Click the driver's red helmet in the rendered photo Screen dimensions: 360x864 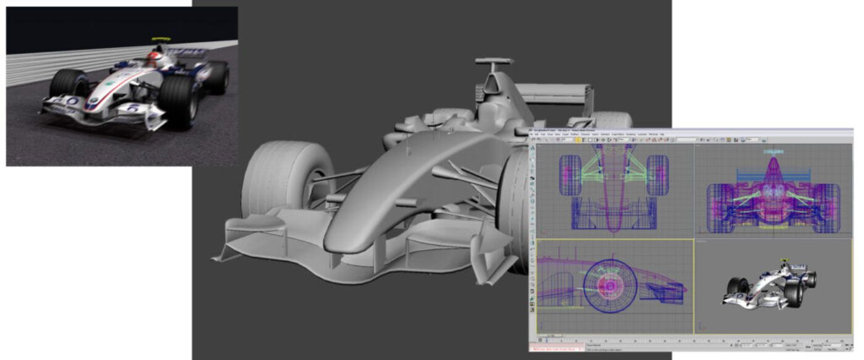[152, 59]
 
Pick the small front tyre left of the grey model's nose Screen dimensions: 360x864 [284, 179]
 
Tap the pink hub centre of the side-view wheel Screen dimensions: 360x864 [609, 286]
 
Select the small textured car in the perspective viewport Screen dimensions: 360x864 [771, 284]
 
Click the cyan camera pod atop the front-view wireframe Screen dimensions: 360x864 [773, 151]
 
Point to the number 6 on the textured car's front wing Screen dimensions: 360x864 [133, 108]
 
